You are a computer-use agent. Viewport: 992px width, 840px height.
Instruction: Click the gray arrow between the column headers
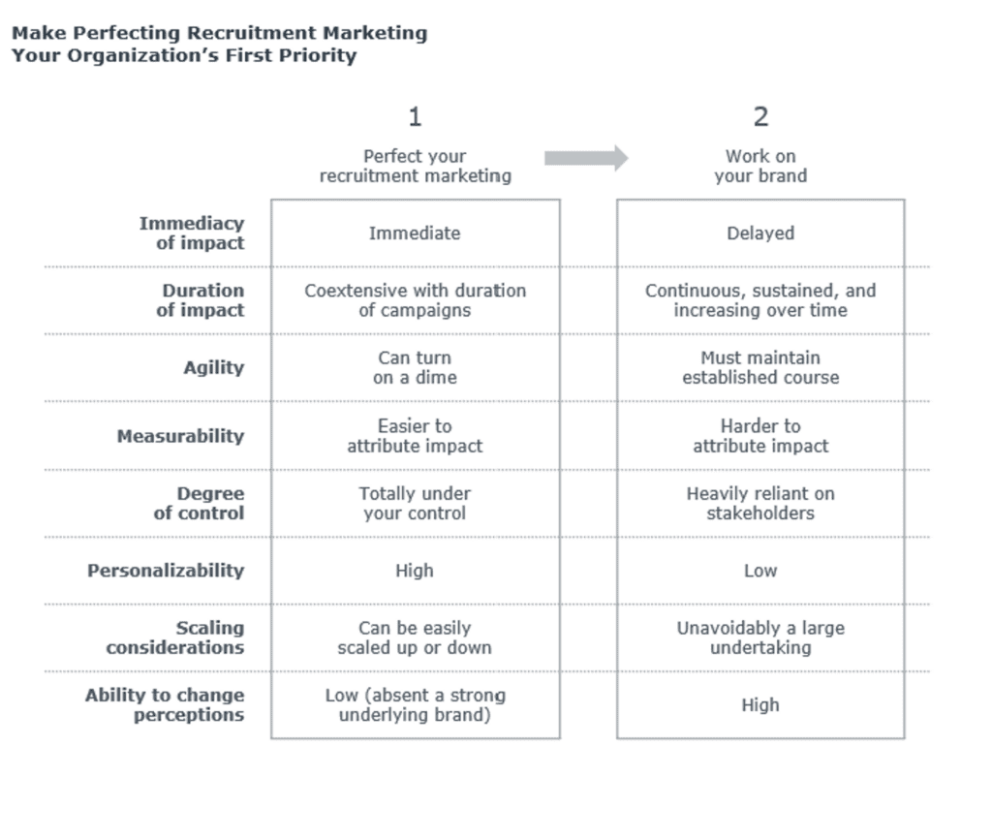585,158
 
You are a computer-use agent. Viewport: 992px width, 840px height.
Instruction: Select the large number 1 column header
415,117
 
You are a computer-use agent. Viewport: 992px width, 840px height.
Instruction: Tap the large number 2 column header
760,117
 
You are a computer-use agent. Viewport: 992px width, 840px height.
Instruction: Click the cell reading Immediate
415,233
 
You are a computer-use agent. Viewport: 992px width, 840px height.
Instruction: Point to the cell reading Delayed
760,233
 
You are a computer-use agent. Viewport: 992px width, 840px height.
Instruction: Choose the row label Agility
213,368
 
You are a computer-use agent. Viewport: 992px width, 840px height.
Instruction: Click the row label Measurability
180,436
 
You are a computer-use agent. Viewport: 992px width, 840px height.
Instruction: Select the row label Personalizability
166,571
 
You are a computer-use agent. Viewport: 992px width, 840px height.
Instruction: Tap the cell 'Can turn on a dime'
415,368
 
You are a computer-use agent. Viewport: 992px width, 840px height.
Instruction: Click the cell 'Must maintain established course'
760,368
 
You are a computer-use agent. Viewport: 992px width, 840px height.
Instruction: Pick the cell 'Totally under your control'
415,504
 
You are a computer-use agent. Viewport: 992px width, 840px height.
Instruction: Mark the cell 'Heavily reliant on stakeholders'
760,504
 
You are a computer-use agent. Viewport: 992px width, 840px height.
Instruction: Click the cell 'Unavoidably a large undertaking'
760,638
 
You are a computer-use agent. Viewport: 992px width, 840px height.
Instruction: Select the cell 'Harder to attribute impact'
760,436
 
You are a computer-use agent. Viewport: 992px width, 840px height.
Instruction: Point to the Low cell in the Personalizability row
760,571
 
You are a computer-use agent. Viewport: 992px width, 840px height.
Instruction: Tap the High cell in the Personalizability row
415,571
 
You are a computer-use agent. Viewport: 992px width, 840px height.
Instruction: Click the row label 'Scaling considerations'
175,638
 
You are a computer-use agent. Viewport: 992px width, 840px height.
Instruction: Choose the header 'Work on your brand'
760,166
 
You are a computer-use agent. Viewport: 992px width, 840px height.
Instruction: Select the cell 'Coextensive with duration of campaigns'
415,300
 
